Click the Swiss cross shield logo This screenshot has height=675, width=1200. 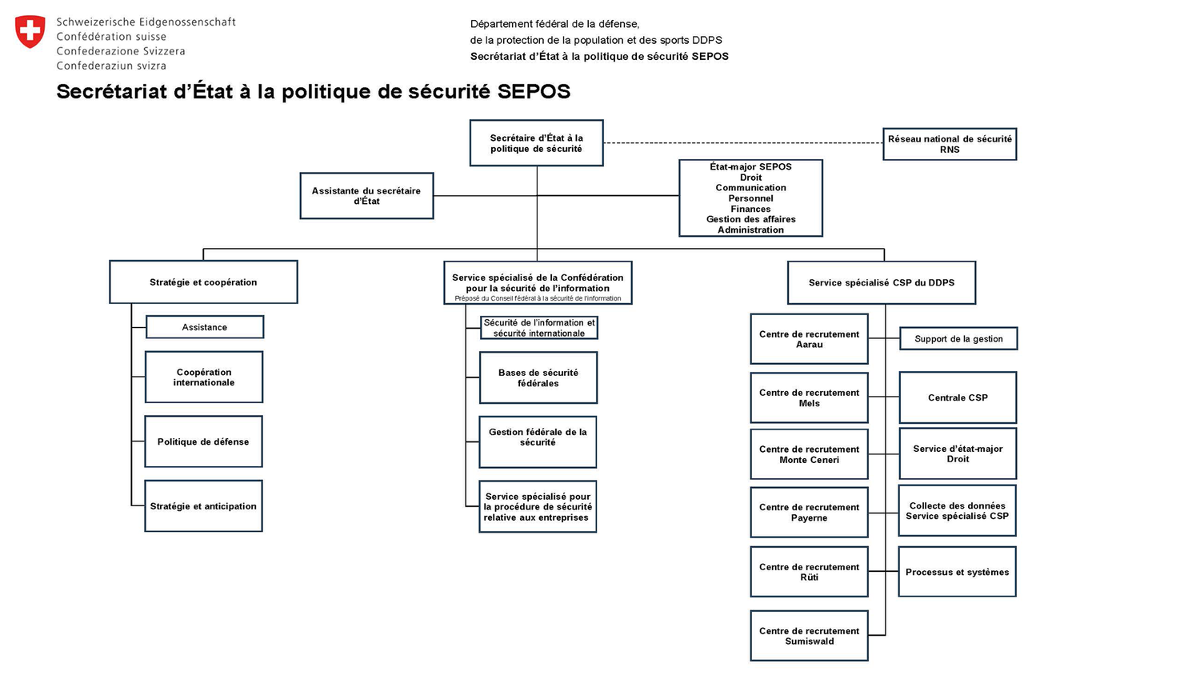pyautogui.click(x=30, y=32)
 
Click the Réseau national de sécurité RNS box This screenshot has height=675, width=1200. pyautogui.click(x=950, y=144)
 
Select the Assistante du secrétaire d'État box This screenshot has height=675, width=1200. pyautogui.click(x=366, y=196)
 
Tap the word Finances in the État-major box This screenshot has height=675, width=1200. pyautogui.click(x=750, y=209)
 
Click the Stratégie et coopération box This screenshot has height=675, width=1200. pyautogui.click(x=203, y=282)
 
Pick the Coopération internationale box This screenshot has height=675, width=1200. pyautogui.click(x=204, y=377)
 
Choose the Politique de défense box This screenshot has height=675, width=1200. pyautogui.click(x=203, y=441)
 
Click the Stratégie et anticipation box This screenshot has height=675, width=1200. pyautogui.click(x=203, y=506)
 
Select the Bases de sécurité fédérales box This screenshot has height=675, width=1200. pyautogui.click(x=538, y=377)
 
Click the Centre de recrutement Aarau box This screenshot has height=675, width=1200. pyautogui.click(x=809, y=339)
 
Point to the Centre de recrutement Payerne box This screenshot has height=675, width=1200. pyautogui.click(x=809, y=513)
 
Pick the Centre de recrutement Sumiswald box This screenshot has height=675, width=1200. pyautogui.click(x=809, y=636)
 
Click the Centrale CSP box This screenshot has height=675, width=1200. pyautogui.click(x=958, y=397)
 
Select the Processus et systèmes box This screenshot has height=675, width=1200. pyautogui.click(x=957, y=572)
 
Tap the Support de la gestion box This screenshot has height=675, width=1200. pyautogui.click(x=958, y=339)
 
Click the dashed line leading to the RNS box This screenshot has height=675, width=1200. pyautogui.click(x=744, y=143)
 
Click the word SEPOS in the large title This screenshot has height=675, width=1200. pyautogui.click(x=534, y=91)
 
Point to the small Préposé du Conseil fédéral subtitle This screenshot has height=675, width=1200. pyautogui.click(x=538, y=298)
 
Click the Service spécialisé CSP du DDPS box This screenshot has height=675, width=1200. pyautogui.click(x=882, y=282)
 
